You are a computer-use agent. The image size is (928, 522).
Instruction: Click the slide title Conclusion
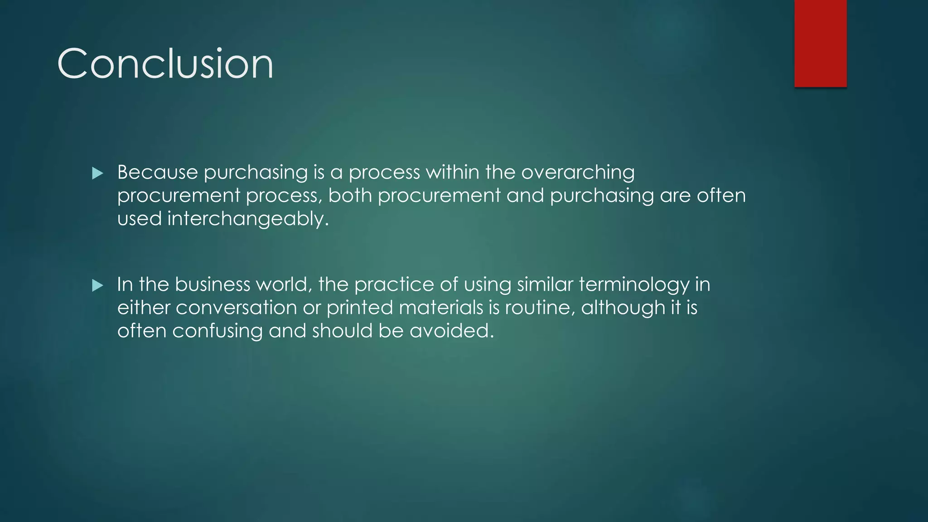click(165, 64)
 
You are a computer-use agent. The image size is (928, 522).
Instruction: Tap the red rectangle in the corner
click(820, 43)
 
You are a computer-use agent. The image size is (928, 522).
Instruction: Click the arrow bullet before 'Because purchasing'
click(97, 173)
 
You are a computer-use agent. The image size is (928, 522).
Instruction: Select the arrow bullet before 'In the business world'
click(97, 285)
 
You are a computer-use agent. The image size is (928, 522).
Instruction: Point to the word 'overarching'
click(578, 173)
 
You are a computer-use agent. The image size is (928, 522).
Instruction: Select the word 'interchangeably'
click(247, 219)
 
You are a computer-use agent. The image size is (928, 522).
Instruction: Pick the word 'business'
click(212, 285)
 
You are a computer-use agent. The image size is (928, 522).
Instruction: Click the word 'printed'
click(359, 308)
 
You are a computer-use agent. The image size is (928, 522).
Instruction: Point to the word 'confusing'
click(217, 331)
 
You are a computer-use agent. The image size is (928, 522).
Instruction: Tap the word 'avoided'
click(451, 331)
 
